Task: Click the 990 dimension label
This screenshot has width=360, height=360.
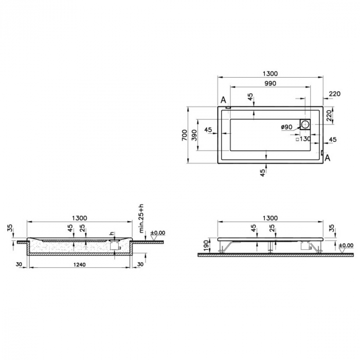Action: pyautogui.click(x=271, y=83)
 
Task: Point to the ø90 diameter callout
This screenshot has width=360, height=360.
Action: pyautogui.click(x=286, y=127)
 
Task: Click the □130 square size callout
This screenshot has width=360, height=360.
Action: pyautogui.click(x=304, y=139)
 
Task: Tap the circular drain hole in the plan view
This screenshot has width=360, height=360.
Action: pyautogui.click(x=304, y=124)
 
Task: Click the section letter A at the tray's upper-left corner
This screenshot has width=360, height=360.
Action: pyautogui.click(x=223, y=100)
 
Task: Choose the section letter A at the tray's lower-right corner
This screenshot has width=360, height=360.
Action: pyautogui.click(x=327, y=158)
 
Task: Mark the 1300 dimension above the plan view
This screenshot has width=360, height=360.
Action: pyautogui.click(x=271, y=73)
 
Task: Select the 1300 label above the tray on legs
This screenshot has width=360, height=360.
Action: pyautogui.click(x=271, y=218)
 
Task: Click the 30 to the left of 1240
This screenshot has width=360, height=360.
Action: pyautogui.click(x=19, y=264)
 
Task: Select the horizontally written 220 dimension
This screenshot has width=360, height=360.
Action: pyautogui.click(x=334, y=94)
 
